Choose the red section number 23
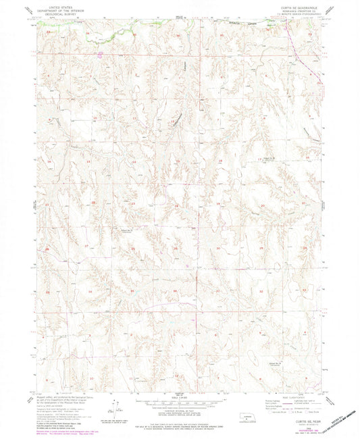click(x=134, y=205)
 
